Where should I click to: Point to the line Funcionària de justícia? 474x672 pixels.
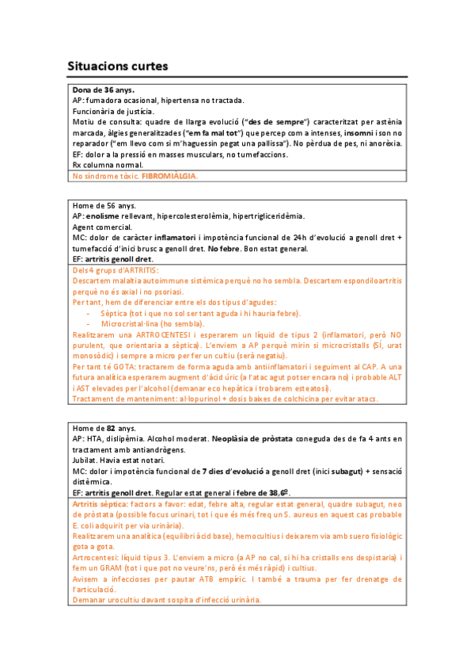[113, 112]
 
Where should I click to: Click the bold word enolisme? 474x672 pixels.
[104, 216]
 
